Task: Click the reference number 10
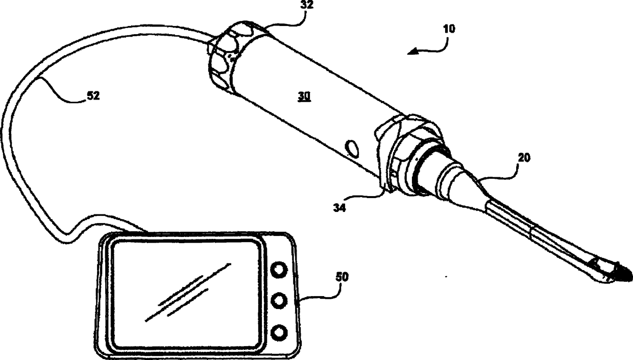tap(449, 29)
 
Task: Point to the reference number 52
tap(92, 95)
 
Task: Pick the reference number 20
tap(523, 158)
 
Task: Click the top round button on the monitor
tap(278, 270)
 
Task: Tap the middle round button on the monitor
tap(278, 301)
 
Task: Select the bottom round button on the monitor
tap(278, 333)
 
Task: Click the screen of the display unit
tap(187, 295)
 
